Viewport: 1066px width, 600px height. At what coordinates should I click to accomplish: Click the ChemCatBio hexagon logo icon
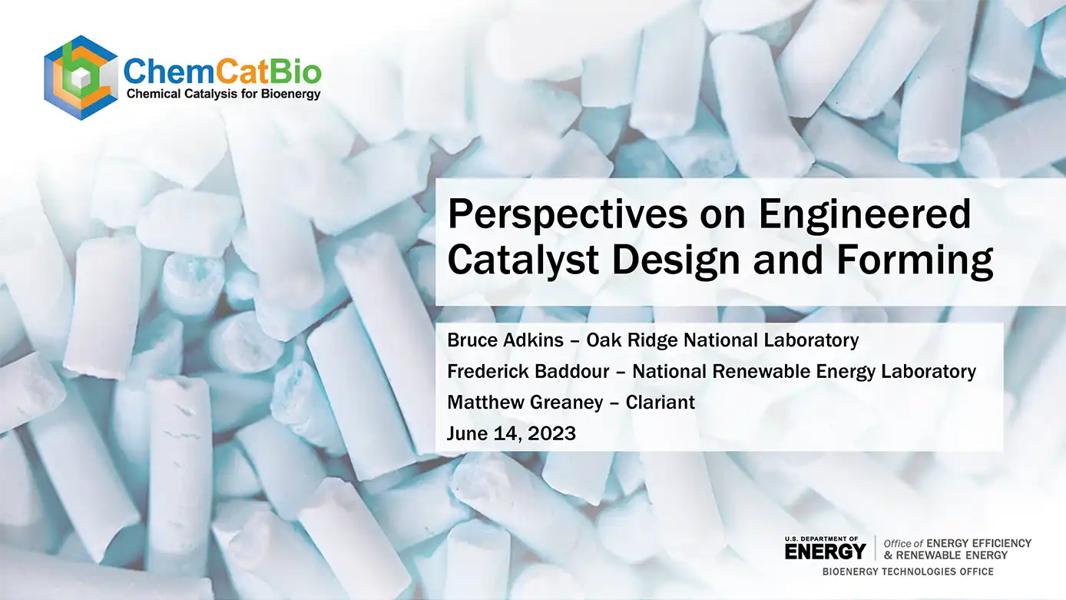point(81,78)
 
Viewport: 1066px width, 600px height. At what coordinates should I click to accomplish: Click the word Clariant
point(660,403)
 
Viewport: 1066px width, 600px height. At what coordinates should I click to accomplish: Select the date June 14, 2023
point(511,434)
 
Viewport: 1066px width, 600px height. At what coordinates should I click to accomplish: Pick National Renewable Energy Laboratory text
point(804,372)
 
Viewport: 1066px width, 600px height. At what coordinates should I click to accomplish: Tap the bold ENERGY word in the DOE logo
point(825,551)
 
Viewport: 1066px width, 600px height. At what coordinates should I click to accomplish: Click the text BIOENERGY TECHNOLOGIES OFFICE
point(908,572)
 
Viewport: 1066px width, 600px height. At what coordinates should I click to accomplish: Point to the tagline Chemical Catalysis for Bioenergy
point(223,94)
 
